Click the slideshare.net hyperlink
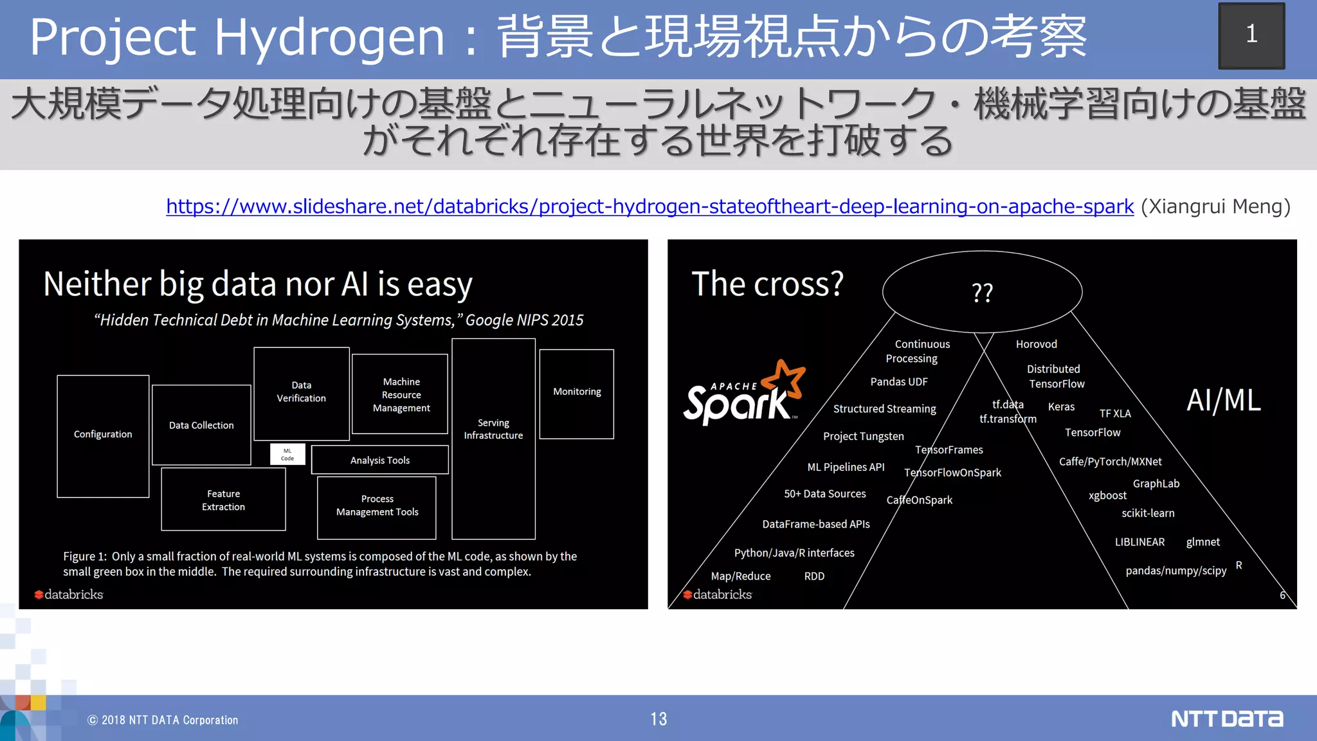(649, 206)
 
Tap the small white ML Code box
(287, 454)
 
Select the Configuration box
(103, 435)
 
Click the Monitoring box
(577, 394)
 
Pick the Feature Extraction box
(223, 500)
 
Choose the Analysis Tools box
(379, 460)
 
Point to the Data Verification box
(302, 393)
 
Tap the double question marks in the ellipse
(982, 293)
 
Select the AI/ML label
(1223, 400)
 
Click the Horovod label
(1036, 344)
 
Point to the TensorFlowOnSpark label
(952, 473)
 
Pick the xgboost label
(1107, 495)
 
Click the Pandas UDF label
(898, 381)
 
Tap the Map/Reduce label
(740, 576)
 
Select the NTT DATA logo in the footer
(1227, 718)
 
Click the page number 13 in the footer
(658, 719)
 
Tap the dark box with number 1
(1251, 35)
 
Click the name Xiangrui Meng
(1215, 206)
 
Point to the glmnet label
(1203, 542)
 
